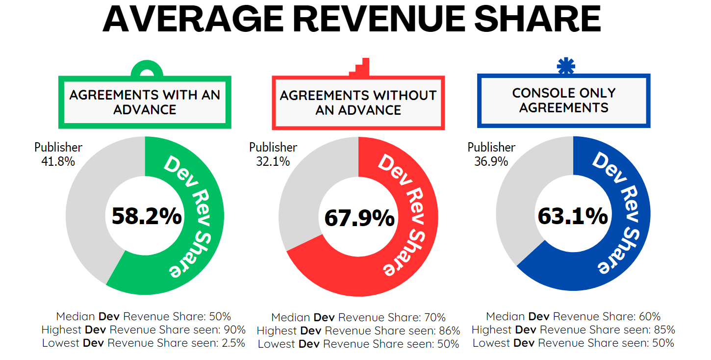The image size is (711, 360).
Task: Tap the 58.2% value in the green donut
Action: [147, 216]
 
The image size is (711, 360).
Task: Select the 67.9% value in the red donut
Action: [359, 218]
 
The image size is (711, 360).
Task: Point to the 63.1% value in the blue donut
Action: [573, 216]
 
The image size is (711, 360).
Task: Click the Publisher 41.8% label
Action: [58, 154]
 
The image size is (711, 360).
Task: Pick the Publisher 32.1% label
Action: [273, 154]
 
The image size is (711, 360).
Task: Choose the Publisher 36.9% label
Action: [491, 154]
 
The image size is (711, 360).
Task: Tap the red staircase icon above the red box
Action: [360, 68]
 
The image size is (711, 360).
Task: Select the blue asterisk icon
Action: [566, 66]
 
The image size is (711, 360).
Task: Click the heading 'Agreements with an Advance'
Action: [145, 102]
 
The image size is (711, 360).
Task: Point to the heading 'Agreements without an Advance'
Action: [358, 103]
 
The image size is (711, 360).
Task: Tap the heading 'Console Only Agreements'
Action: [564, 100]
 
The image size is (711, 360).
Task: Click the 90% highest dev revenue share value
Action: [235, 330]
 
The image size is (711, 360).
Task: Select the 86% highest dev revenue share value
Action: [450, 331]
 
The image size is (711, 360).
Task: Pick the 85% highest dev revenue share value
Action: [664, 330]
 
